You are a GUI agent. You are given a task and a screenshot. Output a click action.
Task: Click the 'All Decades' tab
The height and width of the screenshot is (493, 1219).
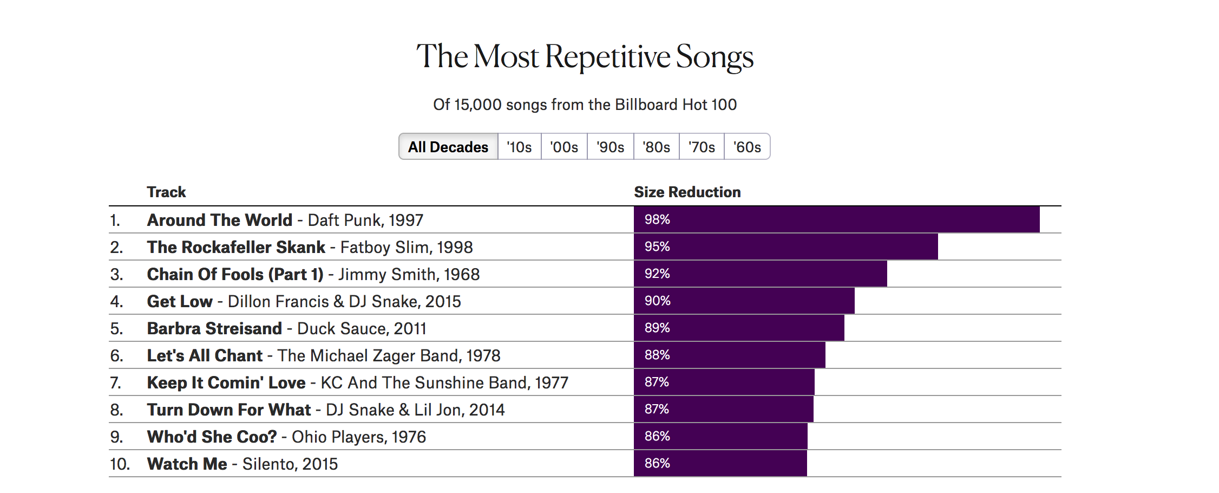448,147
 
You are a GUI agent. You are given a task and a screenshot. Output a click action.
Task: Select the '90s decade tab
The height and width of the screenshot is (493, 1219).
610,147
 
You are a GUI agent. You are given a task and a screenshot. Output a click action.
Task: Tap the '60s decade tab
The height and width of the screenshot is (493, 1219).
747,147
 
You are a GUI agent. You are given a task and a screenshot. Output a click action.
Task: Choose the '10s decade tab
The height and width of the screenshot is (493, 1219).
519,147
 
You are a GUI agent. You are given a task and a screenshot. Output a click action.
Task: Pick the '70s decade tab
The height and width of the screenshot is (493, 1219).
702,147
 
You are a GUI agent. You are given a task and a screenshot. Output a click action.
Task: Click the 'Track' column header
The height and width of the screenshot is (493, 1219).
166,192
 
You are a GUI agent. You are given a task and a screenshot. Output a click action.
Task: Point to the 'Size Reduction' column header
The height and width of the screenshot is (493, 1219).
687,192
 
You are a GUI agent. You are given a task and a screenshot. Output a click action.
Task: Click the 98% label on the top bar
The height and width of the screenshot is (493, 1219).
657,219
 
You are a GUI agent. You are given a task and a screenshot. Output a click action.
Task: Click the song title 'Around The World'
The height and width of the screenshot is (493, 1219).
219,220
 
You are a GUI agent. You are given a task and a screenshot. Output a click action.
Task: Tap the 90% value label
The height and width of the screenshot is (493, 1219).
657,301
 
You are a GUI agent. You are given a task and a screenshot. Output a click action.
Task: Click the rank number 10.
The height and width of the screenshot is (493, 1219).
120,464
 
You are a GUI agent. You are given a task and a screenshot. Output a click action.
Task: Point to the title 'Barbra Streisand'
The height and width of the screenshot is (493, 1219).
214,328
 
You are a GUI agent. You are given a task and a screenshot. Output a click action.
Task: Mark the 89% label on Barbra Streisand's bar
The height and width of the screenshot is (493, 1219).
657,328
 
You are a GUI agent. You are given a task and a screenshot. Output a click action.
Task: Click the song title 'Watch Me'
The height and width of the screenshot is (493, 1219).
187,464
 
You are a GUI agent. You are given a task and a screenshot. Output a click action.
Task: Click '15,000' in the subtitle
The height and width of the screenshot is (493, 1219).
477,105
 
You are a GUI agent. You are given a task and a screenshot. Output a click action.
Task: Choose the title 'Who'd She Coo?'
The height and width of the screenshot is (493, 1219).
212,437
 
